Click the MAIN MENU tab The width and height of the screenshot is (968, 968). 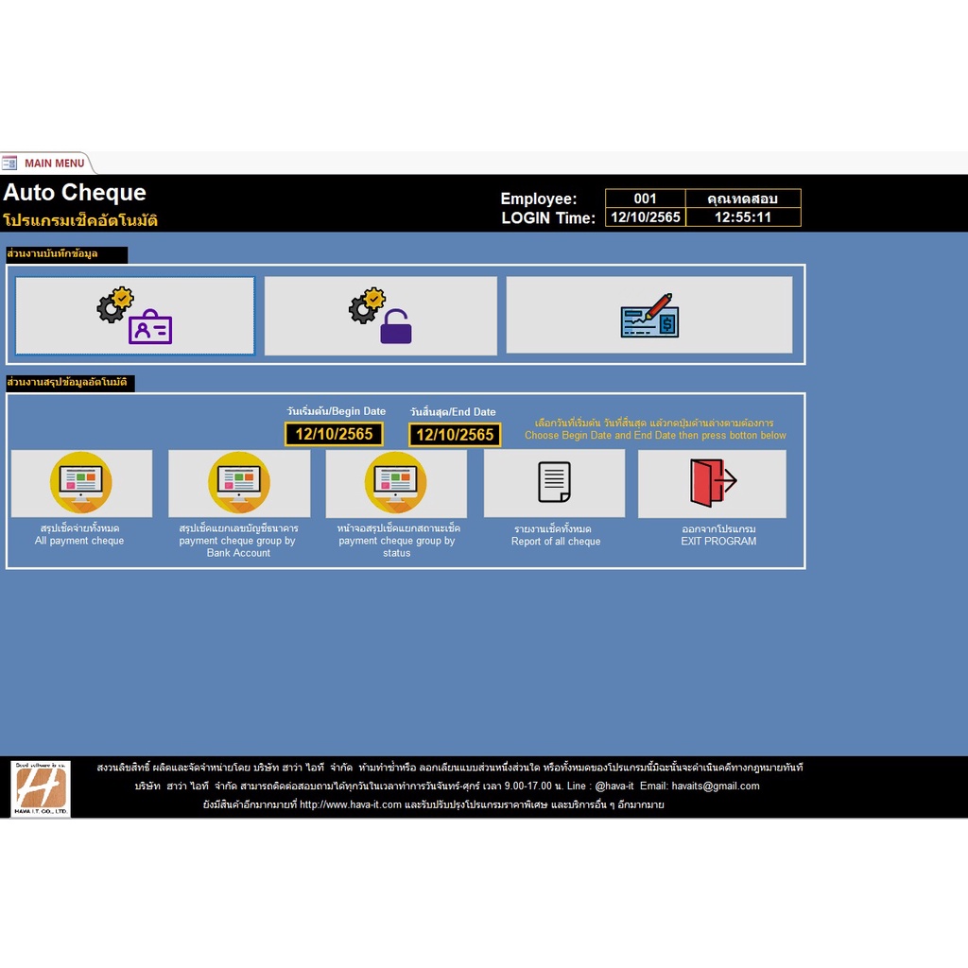click(54, 163)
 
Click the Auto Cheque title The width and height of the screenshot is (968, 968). click(75, 193)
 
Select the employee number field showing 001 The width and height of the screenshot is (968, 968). click(645, 199)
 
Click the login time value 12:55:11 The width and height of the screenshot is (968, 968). click(743, 217)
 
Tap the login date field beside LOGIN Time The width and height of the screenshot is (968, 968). click(645, 217)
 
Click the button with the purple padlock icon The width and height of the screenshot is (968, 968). click(380, 316)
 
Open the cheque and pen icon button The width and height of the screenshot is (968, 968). click(648, 316)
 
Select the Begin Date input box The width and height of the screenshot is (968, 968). click(334, 434)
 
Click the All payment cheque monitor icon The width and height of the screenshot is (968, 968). click(81, 483)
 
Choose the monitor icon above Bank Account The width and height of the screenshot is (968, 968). click(239, 483)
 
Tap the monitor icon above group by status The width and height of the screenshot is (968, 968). click(396, 483)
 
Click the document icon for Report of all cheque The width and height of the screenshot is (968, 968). click(554, 483)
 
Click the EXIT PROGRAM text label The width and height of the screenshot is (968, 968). click(718, 542)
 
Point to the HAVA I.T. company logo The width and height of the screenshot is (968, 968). click(41, 788)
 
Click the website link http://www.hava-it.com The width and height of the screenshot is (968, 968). click(351, 805)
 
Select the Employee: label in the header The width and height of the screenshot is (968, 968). click(538, 199)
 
